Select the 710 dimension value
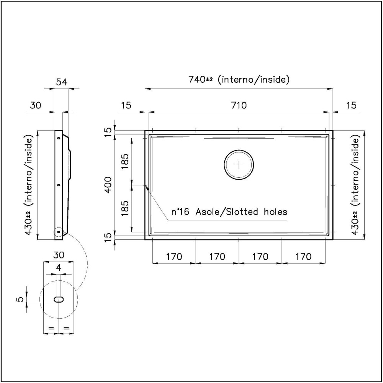coord(239,105)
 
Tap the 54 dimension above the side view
coord(62,82)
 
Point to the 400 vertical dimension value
coord(109,185)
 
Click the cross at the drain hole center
coord(239,165)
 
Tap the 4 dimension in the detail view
coord(58,268)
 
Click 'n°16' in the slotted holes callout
coord(180,212)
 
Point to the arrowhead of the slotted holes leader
coord(146,187)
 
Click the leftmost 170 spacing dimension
coord(174,256)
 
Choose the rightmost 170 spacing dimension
coord(303,256)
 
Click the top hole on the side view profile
coord(59,138)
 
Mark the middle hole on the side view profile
coord(59,185)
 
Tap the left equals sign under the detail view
coord(51,328)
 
